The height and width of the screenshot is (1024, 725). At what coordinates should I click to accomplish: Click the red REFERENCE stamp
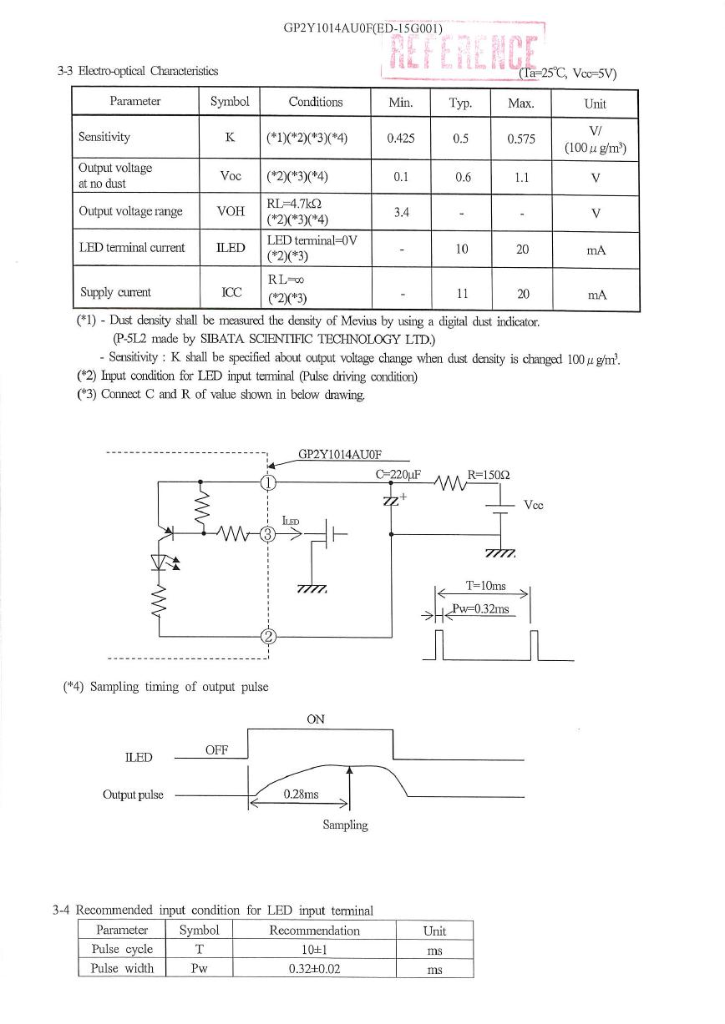[463, 52]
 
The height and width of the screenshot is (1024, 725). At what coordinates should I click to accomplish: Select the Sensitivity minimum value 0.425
[401, 138]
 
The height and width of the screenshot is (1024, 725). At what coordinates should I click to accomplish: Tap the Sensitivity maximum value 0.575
[521, 139]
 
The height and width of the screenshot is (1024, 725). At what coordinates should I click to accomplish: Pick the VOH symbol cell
[231, 211]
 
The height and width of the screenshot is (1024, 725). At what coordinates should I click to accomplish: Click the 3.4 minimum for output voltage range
[401, 212]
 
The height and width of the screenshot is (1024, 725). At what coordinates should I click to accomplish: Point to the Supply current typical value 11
[463, 294]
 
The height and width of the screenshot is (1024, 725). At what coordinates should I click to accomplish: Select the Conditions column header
[316, 102]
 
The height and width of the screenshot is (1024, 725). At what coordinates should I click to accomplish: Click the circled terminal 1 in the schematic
[268, 482]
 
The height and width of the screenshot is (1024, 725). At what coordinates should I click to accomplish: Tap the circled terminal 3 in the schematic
[268, 534]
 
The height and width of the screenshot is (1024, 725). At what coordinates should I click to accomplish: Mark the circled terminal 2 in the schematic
[268, 636]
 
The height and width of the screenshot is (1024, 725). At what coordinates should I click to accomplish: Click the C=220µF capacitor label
[398, 475]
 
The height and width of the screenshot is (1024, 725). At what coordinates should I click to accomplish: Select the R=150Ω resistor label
[489, 475]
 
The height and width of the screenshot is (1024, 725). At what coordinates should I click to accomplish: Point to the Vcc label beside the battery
[534, 505]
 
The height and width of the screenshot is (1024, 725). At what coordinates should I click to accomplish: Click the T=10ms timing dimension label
[485, 586]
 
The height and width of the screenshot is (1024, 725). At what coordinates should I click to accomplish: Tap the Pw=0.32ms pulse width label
[481, 609]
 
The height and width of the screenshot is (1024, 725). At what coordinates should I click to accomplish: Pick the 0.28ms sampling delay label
[301, 794]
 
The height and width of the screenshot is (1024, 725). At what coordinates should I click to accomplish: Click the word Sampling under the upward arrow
[345, 825]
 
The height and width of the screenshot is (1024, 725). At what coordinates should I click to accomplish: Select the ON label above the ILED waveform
[316, 719]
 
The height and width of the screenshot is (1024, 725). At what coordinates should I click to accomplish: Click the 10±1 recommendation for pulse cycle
[314, 950]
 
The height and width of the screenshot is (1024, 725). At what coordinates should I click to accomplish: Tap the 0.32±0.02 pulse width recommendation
[315, 969]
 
